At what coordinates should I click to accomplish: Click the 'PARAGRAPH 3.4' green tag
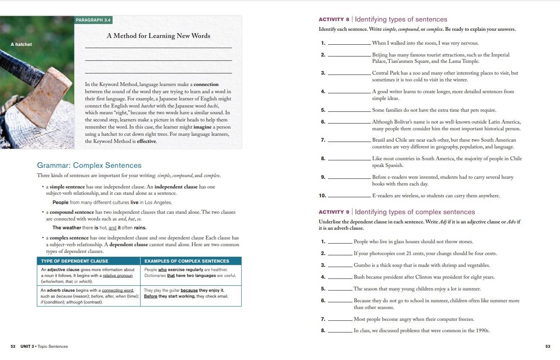[93, 20]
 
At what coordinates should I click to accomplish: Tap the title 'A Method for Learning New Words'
[158, 36]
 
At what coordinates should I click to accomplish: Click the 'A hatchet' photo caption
[21, 44]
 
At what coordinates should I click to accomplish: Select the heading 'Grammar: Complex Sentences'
[89, 165]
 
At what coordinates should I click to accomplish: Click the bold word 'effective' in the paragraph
[146, 141]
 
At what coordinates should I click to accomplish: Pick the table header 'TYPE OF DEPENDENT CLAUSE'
[75, 261]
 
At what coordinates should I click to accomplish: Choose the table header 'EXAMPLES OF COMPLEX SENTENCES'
[187, 261]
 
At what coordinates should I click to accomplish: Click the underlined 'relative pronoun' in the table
[118, 276]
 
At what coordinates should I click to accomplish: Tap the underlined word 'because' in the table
[189, 290]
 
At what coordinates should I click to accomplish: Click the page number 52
[13, 347]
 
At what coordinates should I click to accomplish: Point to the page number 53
[548, 347]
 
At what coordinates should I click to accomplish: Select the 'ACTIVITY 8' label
[334, 19]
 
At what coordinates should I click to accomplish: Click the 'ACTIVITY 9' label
[334, 212]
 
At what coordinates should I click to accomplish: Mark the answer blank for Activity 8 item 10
[349, 196]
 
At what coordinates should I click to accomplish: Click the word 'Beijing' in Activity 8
[380, 55]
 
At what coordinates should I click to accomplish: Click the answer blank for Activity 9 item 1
[340, 242]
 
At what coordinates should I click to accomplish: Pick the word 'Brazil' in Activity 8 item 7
[379, 140]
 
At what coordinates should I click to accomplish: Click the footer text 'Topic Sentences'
[52, 347]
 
